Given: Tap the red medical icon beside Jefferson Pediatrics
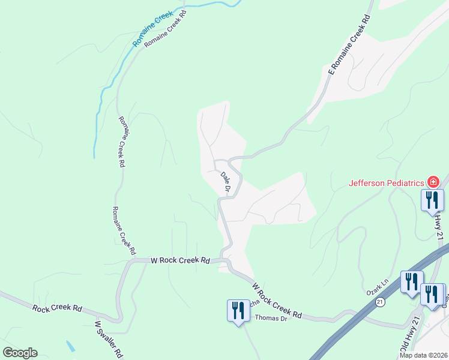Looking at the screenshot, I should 432,182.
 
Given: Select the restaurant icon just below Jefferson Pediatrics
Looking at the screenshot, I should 432,200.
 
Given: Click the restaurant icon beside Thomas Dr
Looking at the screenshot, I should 238,311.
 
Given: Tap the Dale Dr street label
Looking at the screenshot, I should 226,182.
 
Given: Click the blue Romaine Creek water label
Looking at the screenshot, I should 154,29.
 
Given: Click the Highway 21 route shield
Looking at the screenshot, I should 380,304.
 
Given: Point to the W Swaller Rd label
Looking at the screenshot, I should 109,339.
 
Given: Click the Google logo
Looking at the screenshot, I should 20,353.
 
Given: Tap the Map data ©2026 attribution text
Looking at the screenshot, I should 423,355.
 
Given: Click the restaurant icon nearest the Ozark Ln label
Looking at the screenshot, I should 411,281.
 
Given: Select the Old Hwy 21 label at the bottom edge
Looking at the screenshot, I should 405,343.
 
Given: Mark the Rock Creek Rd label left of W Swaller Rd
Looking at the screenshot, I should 57,308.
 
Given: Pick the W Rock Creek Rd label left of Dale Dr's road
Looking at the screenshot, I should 179,260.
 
